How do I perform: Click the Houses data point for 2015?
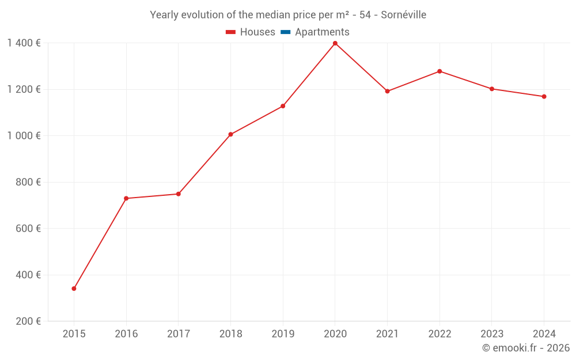(74, 289)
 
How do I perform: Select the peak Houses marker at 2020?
(335, 43)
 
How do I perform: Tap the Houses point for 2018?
(230, 134)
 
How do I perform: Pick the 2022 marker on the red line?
(439, 71)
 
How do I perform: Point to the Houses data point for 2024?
(544, 97)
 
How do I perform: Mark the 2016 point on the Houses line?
(126, 198)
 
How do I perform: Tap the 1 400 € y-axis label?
(24, 43)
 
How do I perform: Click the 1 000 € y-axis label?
(24, 135)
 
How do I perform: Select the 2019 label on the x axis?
(283, 334)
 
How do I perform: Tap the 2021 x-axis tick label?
(387, 334)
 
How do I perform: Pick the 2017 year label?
(178, 334)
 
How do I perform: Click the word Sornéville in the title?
(403, 15)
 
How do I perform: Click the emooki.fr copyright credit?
(526, 348)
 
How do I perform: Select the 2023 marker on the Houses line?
(492, 89)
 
